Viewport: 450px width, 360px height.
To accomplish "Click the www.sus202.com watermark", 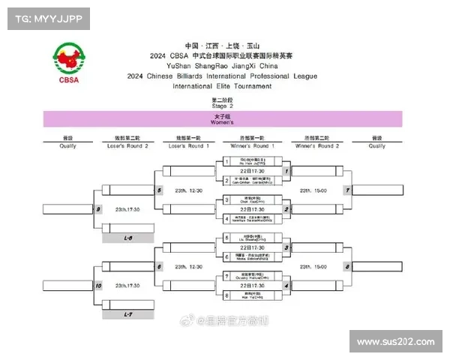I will [x=395, y=342].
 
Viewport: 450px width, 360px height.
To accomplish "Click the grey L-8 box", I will [x=128, y=238].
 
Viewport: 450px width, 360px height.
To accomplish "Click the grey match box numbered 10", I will [x=98, y=286].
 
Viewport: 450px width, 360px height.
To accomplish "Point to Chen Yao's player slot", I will [x=252, y=200].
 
